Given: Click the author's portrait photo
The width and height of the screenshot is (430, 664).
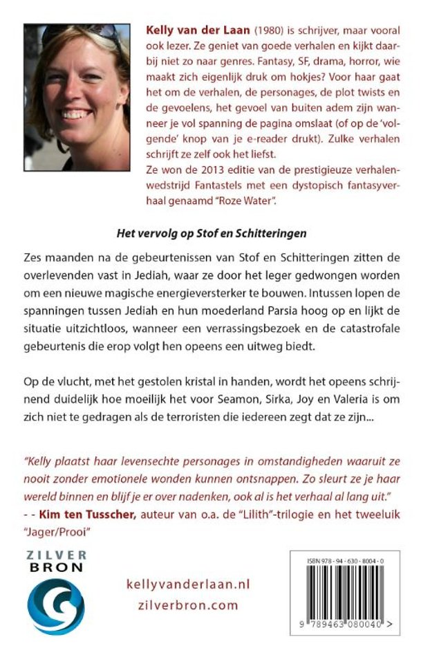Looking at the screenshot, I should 77,97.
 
